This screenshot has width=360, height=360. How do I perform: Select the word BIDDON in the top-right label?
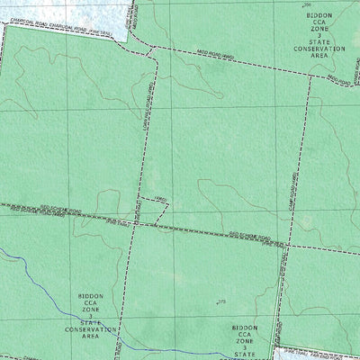319,15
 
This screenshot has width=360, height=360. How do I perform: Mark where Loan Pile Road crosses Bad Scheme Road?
137,220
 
